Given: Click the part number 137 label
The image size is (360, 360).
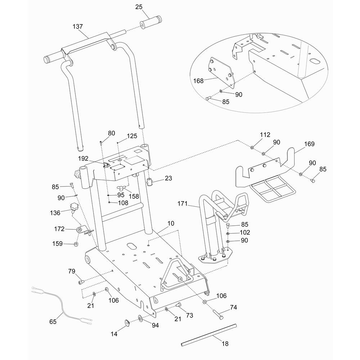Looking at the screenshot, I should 77,27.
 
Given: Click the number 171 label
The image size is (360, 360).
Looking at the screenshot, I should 183,204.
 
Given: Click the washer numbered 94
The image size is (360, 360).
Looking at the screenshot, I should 140,318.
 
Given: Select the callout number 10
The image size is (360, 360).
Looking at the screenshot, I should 171,224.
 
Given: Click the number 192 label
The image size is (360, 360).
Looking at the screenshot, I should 83,158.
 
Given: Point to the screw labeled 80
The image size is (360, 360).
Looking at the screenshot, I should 101,143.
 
